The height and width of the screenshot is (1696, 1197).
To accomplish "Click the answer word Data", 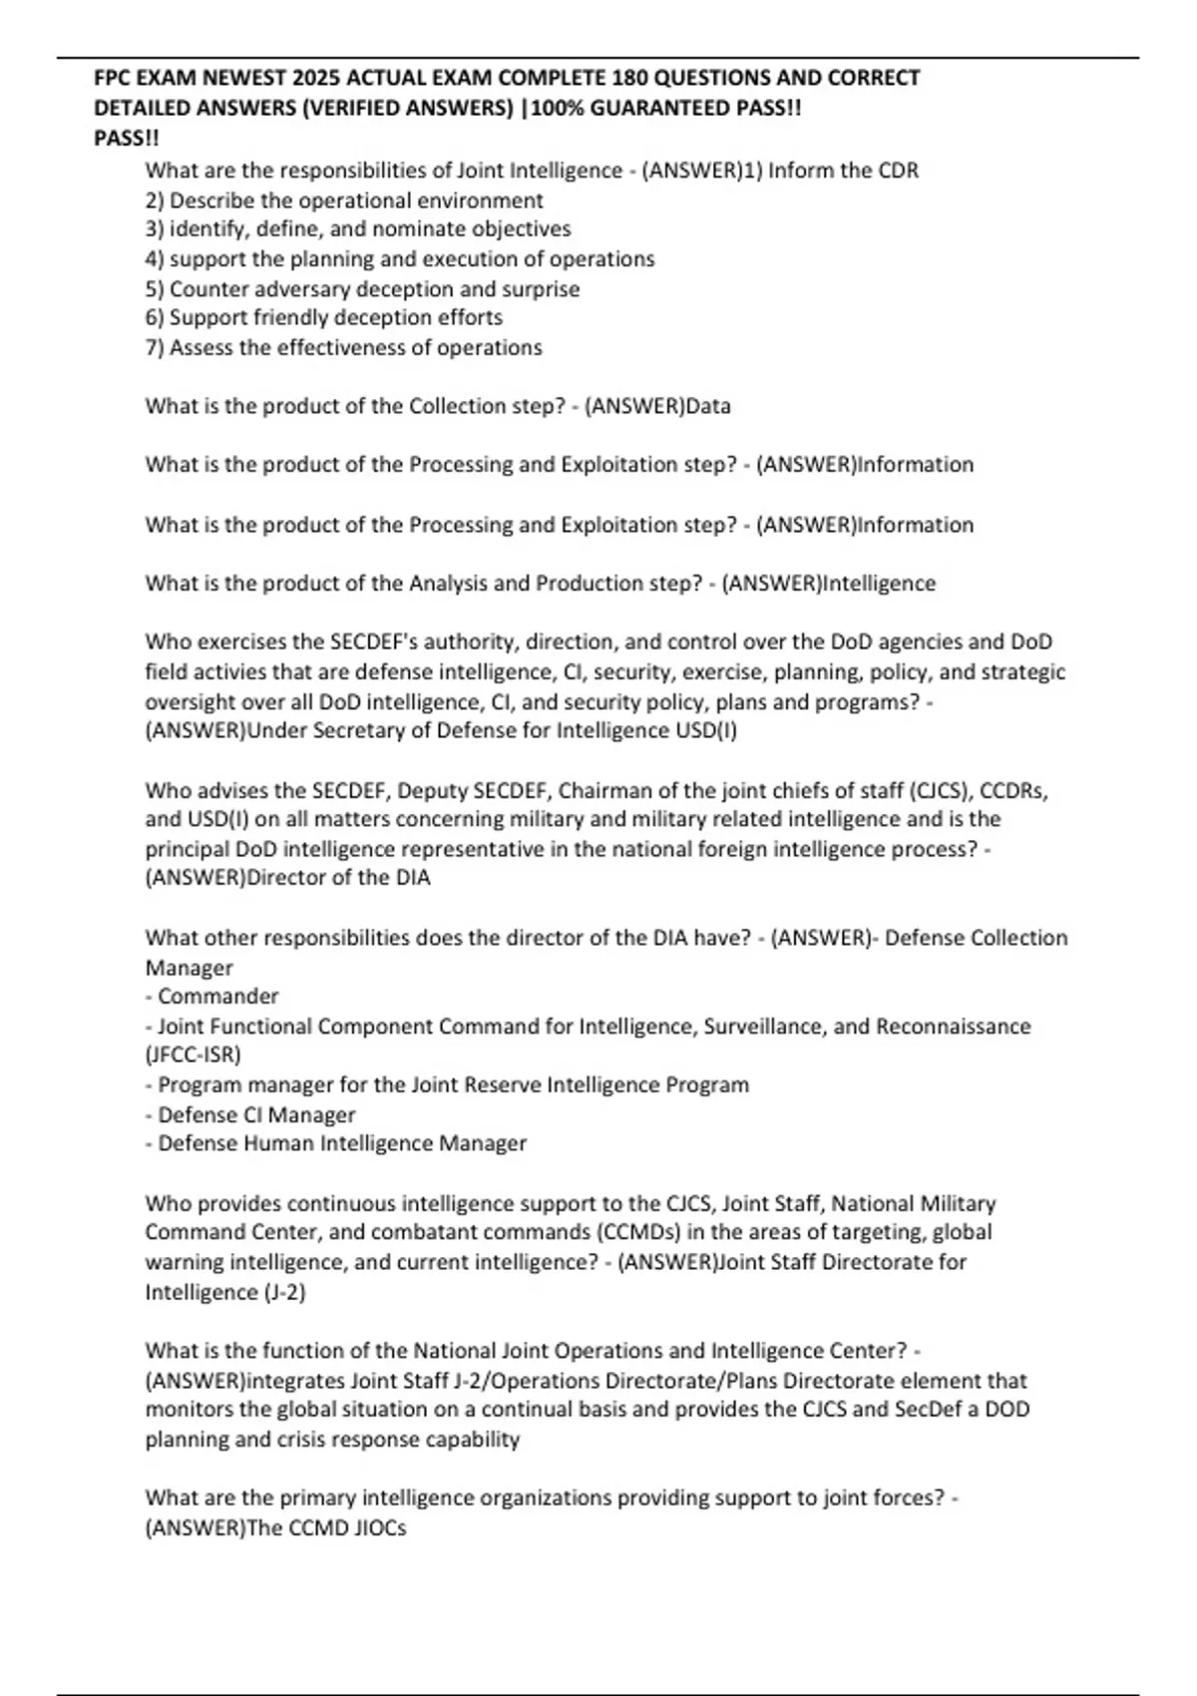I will coord(708,406).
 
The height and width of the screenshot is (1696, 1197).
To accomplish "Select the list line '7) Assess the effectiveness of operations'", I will coord(344,348).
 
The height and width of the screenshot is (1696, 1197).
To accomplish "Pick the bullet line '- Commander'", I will coord(212,997).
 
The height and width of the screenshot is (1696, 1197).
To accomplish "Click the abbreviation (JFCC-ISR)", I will coord(194,1055).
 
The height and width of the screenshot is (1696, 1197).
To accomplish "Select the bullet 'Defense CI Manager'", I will coord(256,1115).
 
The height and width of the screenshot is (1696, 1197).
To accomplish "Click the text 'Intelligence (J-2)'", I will coord(225,1292).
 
